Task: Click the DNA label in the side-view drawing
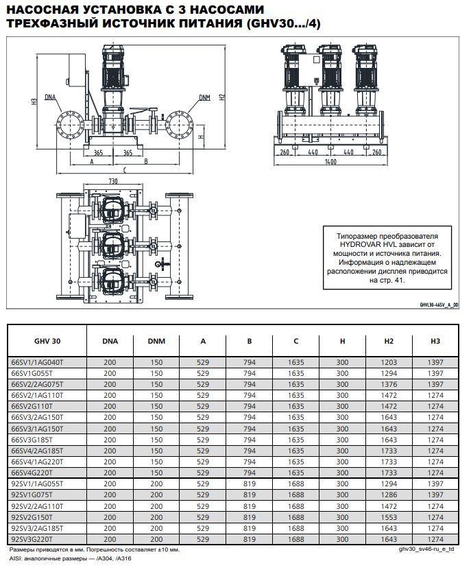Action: point(51,97)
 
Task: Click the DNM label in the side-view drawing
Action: point(205,97)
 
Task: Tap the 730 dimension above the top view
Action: point(112,180)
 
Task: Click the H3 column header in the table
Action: point(435,340)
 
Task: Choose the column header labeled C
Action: point(295,340)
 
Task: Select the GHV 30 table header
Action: point(47,340)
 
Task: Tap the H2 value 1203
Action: point(389,362)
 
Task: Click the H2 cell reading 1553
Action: point(389,518)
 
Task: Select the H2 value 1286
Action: point(389,495)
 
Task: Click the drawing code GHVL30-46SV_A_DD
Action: point(439,305)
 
